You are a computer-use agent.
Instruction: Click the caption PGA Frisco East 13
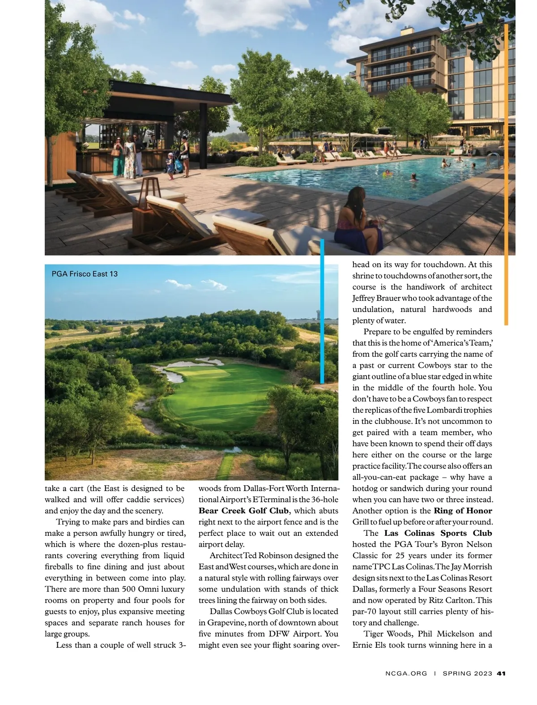tap(85, 273)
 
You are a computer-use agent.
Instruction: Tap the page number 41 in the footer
tap(501, 673)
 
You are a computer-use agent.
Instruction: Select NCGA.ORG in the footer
tap(406, 673)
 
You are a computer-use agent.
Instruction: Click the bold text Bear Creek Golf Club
tap(243, 511)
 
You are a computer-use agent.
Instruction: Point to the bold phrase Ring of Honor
tap(463, 511)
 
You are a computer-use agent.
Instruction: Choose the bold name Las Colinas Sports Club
tap(438, 533)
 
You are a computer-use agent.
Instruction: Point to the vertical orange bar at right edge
tap(507, 175)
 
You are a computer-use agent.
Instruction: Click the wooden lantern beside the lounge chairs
tap(149, 190)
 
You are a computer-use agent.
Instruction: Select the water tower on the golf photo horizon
tap(318, 316)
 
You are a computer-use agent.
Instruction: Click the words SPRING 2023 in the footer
tap(467, 673)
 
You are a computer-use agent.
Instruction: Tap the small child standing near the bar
tap(170, 166)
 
